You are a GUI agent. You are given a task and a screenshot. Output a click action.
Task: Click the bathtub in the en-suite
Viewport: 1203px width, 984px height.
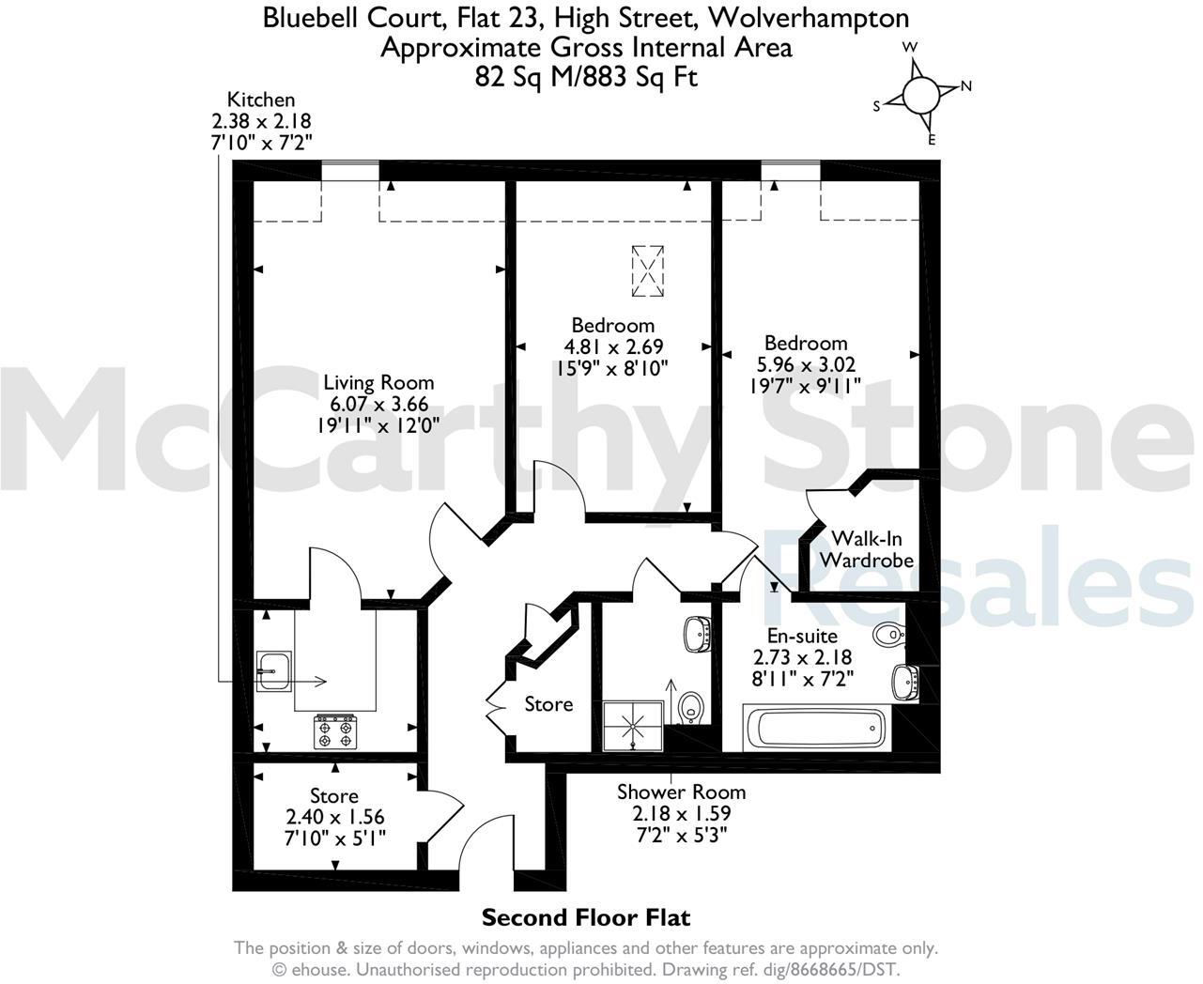pyautogui.click(x=814, y=729)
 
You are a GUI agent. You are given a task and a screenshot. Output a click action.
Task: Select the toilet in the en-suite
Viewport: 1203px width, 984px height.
pyautogui.click(x=887, y=636)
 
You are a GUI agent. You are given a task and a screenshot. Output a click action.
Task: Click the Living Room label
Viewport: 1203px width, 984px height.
pyautogui.click(x=378, y=382)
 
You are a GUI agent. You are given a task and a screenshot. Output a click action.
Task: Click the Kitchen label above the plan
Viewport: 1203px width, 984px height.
pyautogui.click(x=261, y=100)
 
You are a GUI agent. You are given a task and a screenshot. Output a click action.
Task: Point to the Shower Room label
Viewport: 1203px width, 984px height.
pyautogui.click(x=681, y=792)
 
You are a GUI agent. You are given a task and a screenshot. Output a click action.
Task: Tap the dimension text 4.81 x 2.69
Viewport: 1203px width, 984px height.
pyautogui.click(x=612, y=346)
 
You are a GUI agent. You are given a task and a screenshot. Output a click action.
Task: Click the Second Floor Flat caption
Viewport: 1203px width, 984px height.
pyautogui.click(x=585, y=916)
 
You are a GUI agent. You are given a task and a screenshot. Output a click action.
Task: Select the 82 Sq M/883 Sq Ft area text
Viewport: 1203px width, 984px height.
pyautogui.click(x=586, y=77)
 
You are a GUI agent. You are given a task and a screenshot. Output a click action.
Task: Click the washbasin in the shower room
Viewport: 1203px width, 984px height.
pyautogui.click(x=696, y=632)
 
